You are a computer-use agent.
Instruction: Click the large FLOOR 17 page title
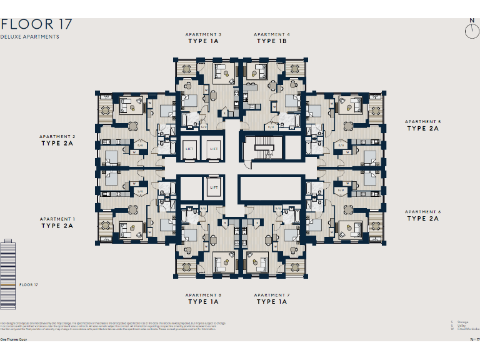(x=36, y=25)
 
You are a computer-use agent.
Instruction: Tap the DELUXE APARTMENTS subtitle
(x=30, y=37)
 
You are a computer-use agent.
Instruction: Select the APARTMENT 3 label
(x=203, y=34)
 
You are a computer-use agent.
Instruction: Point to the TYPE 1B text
(x=272, y=41)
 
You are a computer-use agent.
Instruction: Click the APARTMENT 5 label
(x=423, y=122)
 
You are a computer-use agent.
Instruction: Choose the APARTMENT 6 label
(x=423, y=212)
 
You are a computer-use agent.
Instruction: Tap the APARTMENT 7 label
(x=272, y=295)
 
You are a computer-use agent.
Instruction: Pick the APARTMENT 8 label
(x=203, y=295)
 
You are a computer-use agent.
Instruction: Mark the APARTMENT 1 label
(x=57, y=219)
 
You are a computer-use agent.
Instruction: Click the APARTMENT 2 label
(x=57, y=136)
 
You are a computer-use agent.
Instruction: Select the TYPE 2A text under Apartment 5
(x=423, y=129)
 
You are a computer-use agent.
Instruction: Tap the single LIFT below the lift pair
(x=214, y=187)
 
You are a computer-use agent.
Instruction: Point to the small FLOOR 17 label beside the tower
(x=29, y=285)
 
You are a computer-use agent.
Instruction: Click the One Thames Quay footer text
(x=13, y=340)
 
